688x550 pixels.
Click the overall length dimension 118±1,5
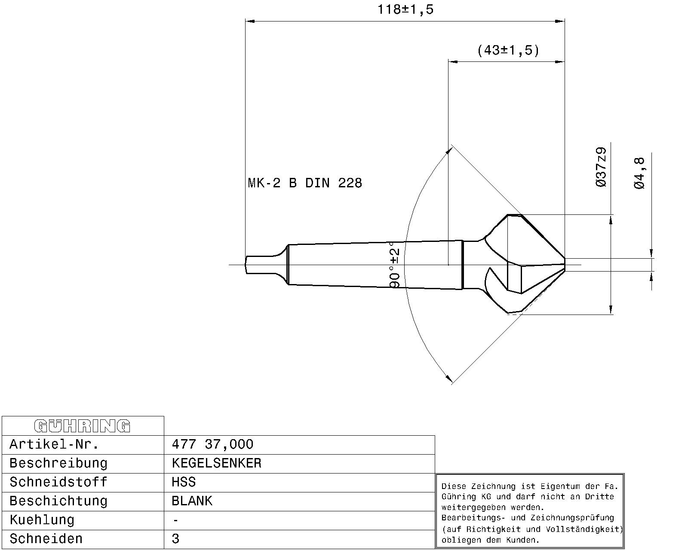point(405,9)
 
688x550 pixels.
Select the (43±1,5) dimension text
point(508,51)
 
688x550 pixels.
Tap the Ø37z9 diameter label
point(601,167)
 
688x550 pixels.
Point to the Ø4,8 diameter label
point(639,173)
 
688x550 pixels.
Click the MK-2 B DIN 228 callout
point(305,183)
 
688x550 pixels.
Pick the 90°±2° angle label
point(395,265)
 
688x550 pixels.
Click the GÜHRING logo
point(82,426)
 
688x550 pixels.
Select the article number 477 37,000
point(212,445)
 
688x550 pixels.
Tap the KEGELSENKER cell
point(216,463)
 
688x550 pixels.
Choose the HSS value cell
point(184,482)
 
